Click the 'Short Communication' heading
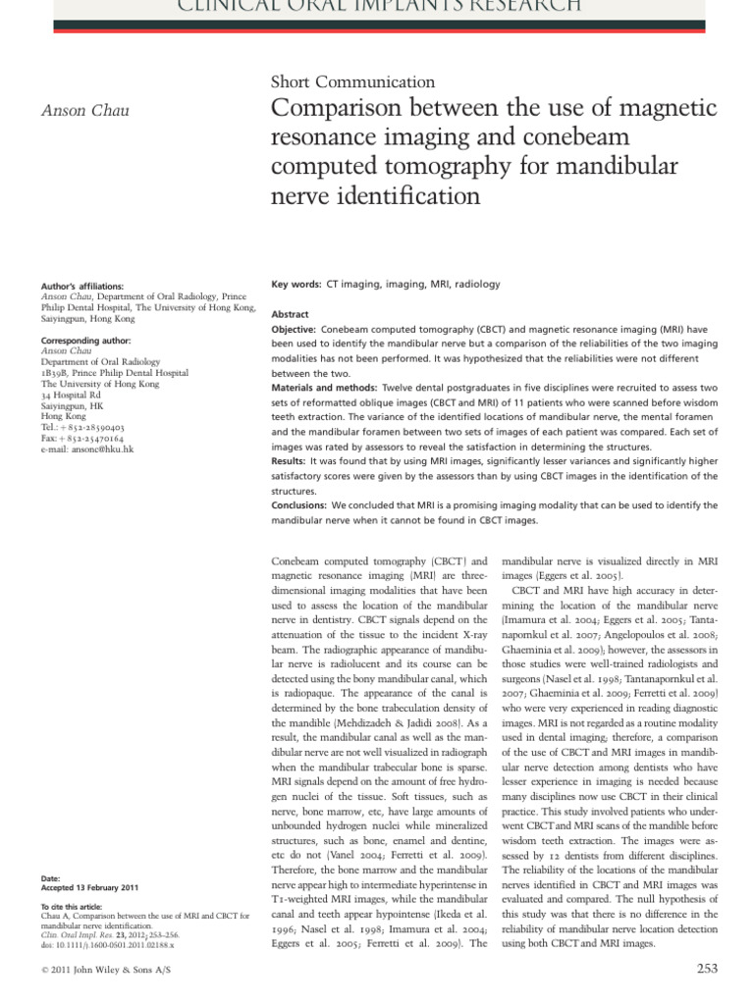pos(352,82)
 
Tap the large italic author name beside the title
pos(83,110)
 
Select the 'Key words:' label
pos(296,285)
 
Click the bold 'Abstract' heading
pos(290,313)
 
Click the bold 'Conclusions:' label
pos(298,505)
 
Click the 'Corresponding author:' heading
pos(84,339)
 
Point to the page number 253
pos(707,968)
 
